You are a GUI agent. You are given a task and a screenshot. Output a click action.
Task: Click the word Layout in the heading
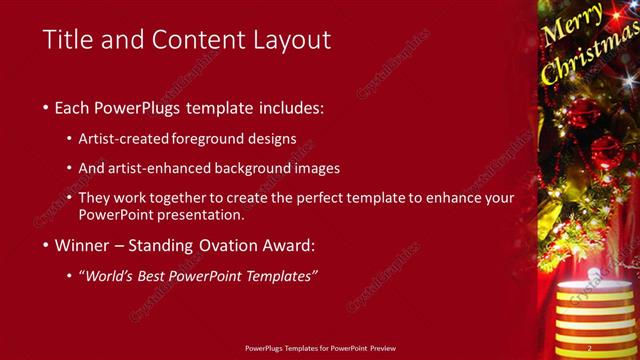click(x=291, y=40)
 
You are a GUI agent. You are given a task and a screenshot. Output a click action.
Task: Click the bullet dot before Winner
click(x=46, y=244)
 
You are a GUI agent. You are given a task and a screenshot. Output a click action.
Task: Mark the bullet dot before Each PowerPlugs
click(x=46, y=107)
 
